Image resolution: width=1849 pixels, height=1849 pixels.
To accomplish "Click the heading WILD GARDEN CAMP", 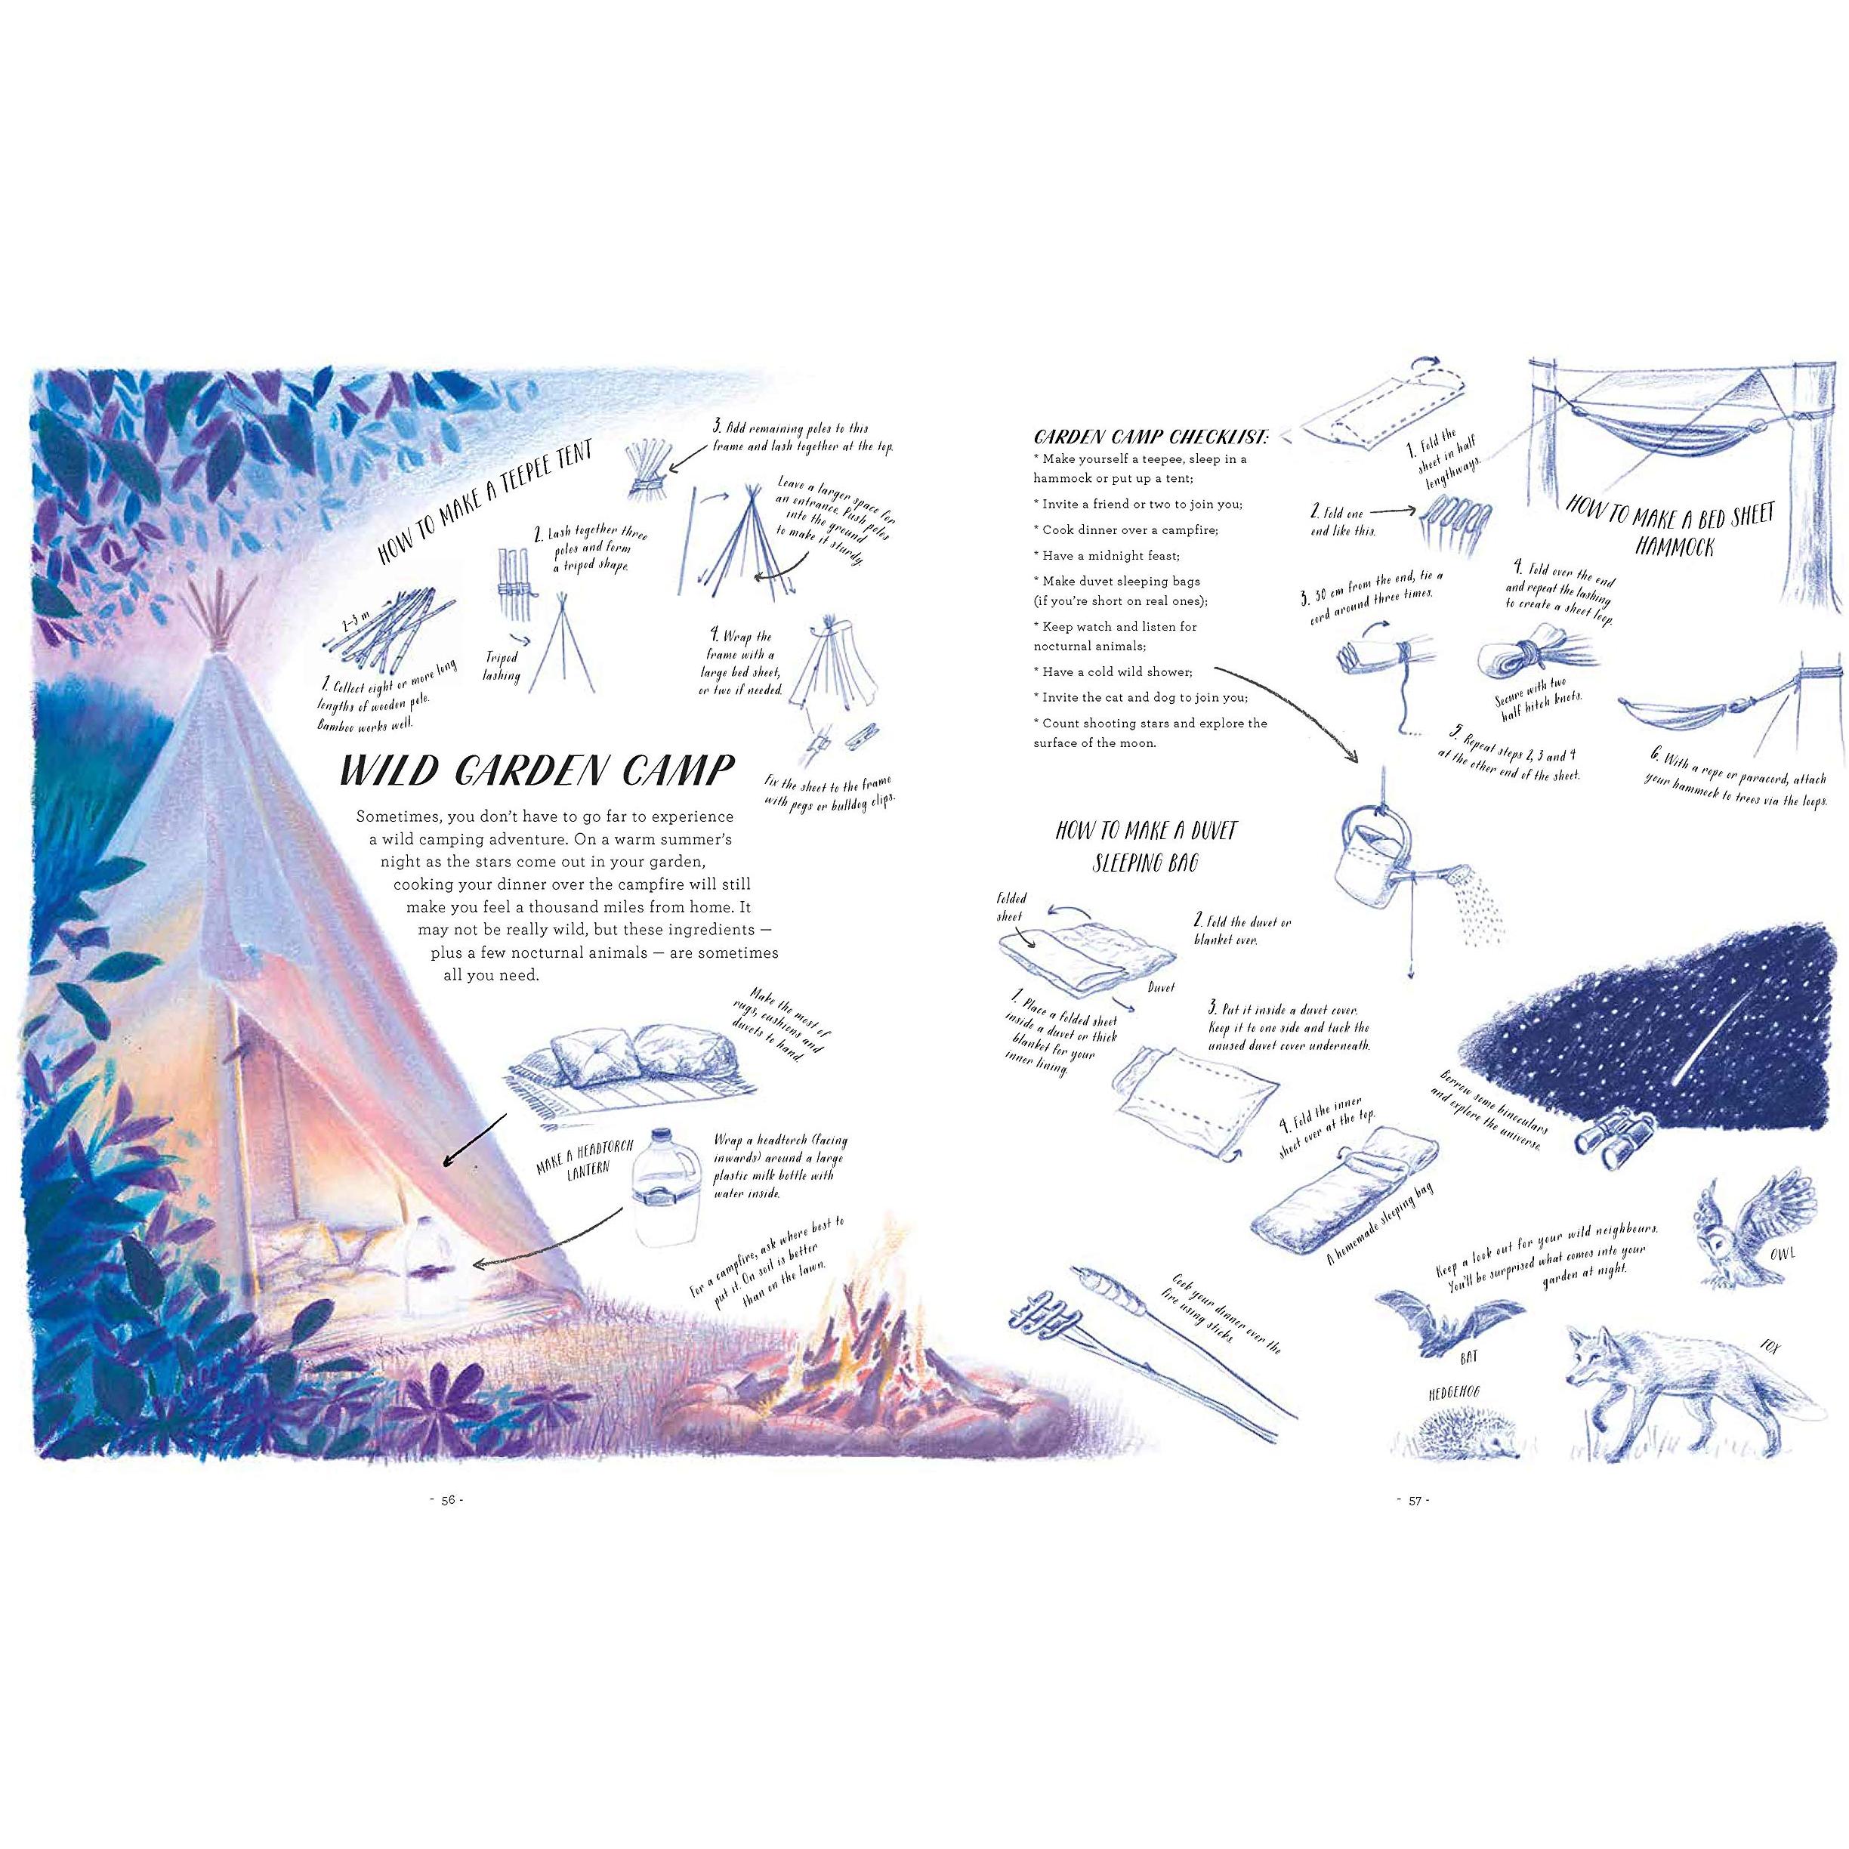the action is (538, 770).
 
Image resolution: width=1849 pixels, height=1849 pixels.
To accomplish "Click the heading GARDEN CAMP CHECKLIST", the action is (1151, 437).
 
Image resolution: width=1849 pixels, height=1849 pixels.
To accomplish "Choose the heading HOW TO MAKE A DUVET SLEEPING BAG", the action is (1147, 846).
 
